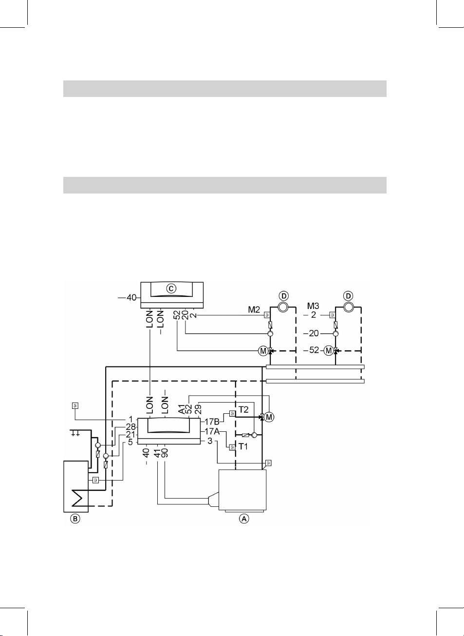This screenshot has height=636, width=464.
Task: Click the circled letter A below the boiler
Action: (244, 519)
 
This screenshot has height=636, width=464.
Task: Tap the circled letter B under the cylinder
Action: (75, 519)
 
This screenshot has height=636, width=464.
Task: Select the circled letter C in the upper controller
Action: (171, 289)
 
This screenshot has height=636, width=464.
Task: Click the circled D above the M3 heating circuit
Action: (348, 296)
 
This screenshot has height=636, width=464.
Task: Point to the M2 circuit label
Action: (254, 309)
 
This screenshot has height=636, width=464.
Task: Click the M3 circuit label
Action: (313, 306)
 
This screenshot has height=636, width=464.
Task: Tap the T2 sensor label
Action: (243, 410)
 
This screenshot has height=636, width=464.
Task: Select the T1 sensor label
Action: (243, 446)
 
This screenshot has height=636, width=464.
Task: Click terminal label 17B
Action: (212, 422)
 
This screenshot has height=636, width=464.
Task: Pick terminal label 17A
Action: (212, 431)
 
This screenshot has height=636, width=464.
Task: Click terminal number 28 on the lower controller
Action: (130, 427)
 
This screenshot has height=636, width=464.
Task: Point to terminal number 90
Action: (165, 453)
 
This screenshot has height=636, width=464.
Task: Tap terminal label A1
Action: (182, 408)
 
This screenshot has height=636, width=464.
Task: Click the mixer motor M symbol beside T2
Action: (269, 417)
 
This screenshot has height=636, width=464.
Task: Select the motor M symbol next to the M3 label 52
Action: (329, 350)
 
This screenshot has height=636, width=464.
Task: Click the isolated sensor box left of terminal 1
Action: (75, 405)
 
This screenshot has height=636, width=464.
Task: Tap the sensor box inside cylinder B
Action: (96, 480)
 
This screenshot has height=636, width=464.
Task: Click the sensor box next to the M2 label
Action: (267, 315)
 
